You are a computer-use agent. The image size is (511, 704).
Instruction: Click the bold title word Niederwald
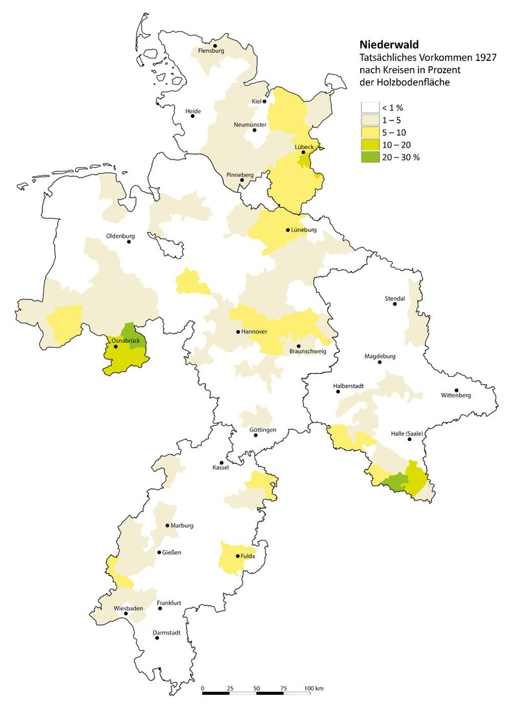[x=389, y=45]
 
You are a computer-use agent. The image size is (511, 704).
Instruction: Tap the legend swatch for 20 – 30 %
[x=370, y=157]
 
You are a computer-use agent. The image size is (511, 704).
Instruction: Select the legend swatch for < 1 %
[x=370, y=108]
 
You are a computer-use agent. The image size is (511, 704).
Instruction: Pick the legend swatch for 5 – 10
[x=370, y=133]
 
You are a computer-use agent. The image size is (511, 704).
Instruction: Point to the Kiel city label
[x=257, y=102]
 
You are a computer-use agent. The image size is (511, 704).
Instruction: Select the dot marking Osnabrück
[x=116, y=346]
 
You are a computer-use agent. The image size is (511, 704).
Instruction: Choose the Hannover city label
[x=254, y=331]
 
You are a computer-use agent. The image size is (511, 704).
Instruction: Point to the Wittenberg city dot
[x=456, y=390]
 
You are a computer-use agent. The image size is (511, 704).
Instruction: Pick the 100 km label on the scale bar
[x=314, y=687]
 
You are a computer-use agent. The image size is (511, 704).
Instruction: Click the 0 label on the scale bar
[x=203, y=687]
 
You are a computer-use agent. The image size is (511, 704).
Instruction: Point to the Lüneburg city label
[x=304, y=230]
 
